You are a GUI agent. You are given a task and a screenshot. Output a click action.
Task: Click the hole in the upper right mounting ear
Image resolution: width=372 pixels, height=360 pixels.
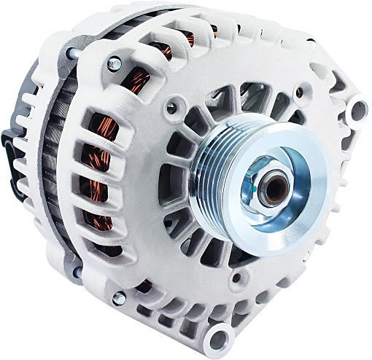(357, 111)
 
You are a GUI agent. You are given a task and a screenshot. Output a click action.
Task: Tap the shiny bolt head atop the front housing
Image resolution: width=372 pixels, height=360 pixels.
(115, 63)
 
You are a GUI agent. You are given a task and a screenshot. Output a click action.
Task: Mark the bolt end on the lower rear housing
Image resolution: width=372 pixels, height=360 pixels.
(77, 273)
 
